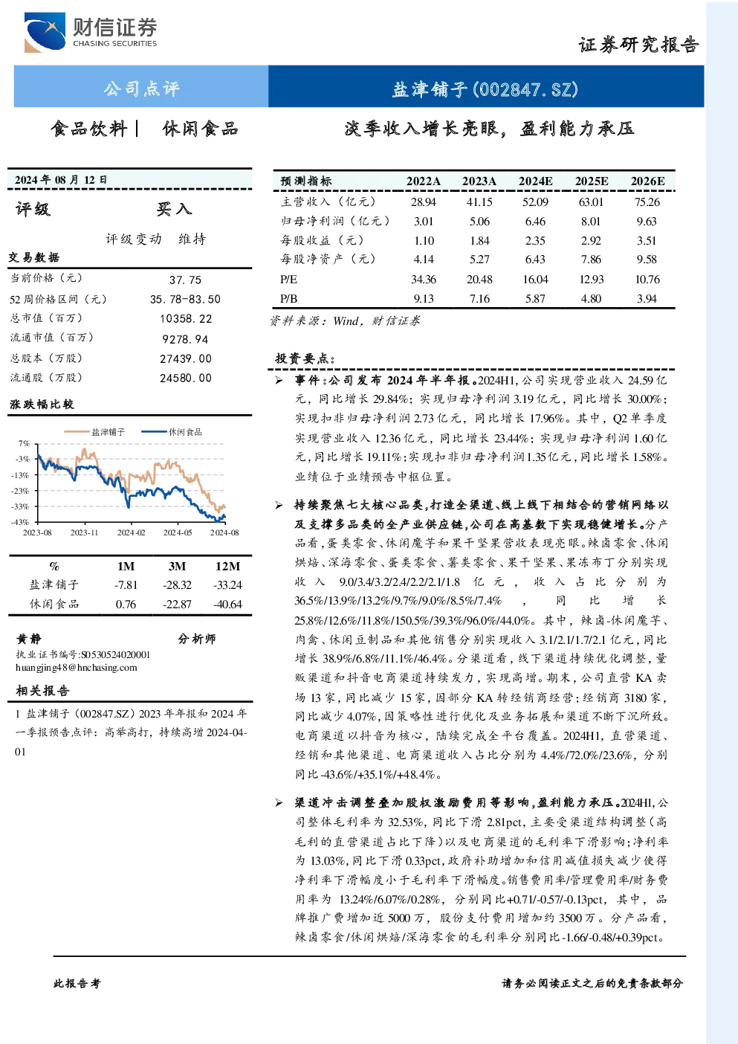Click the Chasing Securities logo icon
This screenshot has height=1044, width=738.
tap(45, 32)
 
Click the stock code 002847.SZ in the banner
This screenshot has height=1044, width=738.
tap(525, 88)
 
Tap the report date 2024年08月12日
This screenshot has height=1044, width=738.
tap(61, 180)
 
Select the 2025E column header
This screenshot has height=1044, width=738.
tap(592, 181)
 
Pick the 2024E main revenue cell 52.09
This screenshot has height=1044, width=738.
tap(535, 202)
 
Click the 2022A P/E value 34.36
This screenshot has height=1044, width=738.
tap(424, 279)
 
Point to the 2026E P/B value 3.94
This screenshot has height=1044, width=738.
tap(647, 299)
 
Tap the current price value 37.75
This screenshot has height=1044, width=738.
tap(186, 280)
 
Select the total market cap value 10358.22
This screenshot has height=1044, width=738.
tap(186, 319)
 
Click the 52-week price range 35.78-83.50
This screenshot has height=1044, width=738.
tap(186, 299)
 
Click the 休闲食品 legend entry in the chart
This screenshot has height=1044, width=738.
tap(172, 432)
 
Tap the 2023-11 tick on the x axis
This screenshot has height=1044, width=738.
tap(84, 532)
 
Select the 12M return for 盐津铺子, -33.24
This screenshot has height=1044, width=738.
tap(228, 585)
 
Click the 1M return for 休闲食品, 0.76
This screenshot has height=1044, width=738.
tap(126, 605)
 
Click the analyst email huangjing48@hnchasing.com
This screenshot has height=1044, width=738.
tap(77, 668)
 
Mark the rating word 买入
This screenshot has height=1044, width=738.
tap(174, 209)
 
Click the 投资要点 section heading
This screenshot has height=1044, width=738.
tap(305, 358)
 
